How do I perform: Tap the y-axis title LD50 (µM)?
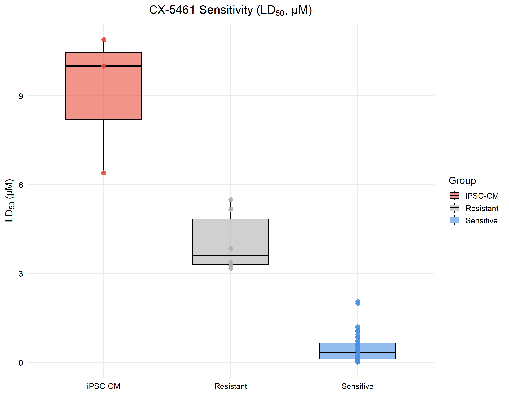pos(10,200)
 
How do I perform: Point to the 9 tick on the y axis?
pos(21,96)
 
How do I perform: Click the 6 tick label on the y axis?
pos(21,185)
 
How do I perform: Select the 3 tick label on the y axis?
pos(21,274)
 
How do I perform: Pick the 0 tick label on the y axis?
pos(21,363)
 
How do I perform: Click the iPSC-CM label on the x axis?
pos(103,386)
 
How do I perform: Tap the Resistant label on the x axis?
pos(230,386)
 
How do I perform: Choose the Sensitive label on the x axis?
pos(357,386)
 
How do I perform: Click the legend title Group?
pos(462,181)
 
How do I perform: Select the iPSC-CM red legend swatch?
pos(454,196)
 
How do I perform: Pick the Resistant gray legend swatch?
pos(454,208)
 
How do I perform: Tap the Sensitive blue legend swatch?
pos(454,220)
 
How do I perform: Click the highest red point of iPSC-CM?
pos(104,40)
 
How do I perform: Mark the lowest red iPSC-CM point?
pos(104,173)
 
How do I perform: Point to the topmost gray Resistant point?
pos(231,200)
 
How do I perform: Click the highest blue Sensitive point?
pos(358,302)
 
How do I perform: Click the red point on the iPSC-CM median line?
pos(104,66)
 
